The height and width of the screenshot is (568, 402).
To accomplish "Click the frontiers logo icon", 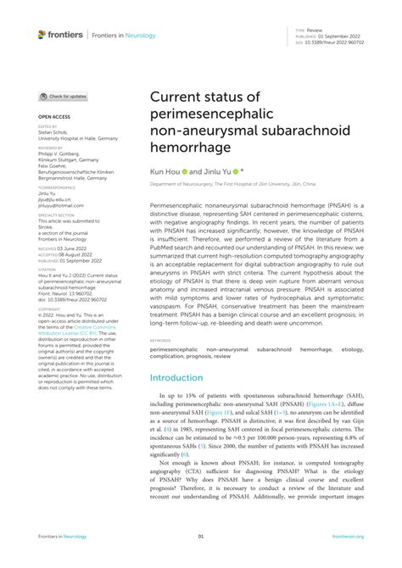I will click(x=42, y=34).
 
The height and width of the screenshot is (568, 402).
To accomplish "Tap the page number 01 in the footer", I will click(x=201, y=537).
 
